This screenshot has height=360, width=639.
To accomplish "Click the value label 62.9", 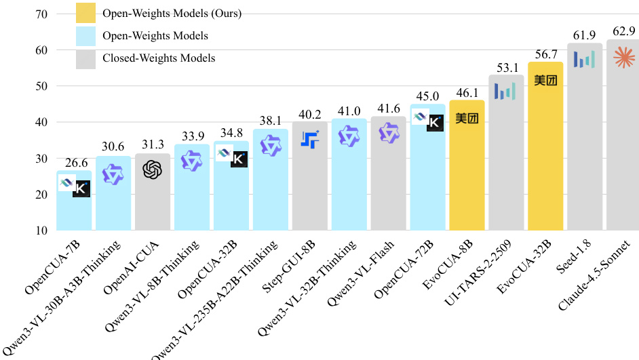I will (623, 31).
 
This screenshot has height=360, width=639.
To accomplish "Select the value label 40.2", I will (309, 114).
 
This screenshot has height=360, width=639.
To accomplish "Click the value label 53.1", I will (506, 67).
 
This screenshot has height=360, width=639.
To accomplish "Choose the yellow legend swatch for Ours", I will (85, 13).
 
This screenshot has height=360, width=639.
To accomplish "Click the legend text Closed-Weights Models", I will (159, 58).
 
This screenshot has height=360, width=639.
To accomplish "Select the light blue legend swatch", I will (85, 35).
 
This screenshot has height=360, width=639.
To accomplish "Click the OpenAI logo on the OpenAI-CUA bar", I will (153, 169).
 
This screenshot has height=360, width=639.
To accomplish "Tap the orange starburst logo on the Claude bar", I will (623, 58).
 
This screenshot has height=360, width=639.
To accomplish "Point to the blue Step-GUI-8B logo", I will (310, 140).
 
